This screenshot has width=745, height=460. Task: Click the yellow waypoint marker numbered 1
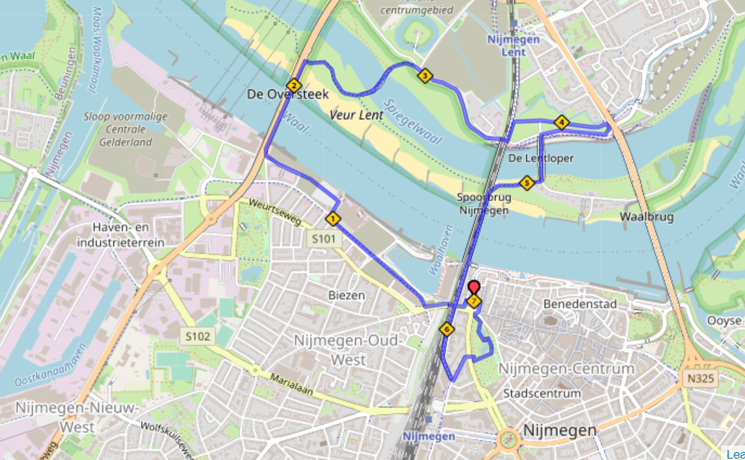coord(333,218)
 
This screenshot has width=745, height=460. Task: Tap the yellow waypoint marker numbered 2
coord(293,85)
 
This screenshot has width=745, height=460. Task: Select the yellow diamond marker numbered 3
coord(425,76)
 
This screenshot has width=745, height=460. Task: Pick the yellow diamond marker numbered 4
coord(561,122)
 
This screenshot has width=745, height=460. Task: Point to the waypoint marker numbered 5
coord(526,183)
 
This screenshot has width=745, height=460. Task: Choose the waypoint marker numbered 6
coord(447,330)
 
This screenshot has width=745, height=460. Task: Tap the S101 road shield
coord(324,238)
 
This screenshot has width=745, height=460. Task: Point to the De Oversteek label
coord(288,95)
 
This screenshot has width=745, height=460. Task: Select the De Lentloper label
coord(531,157)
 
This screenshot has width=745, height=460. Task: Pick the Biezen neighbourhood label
coord(346,295)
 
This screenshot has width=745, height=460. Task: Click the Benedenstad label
coord(580,304)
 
